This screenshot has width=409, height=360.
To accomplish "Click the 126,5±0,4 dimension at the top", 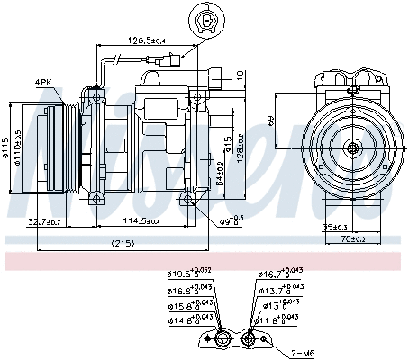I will (x=144, y=40).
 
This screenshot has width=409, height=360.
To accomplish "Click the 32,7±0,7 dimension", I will (x=45, y=221).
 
